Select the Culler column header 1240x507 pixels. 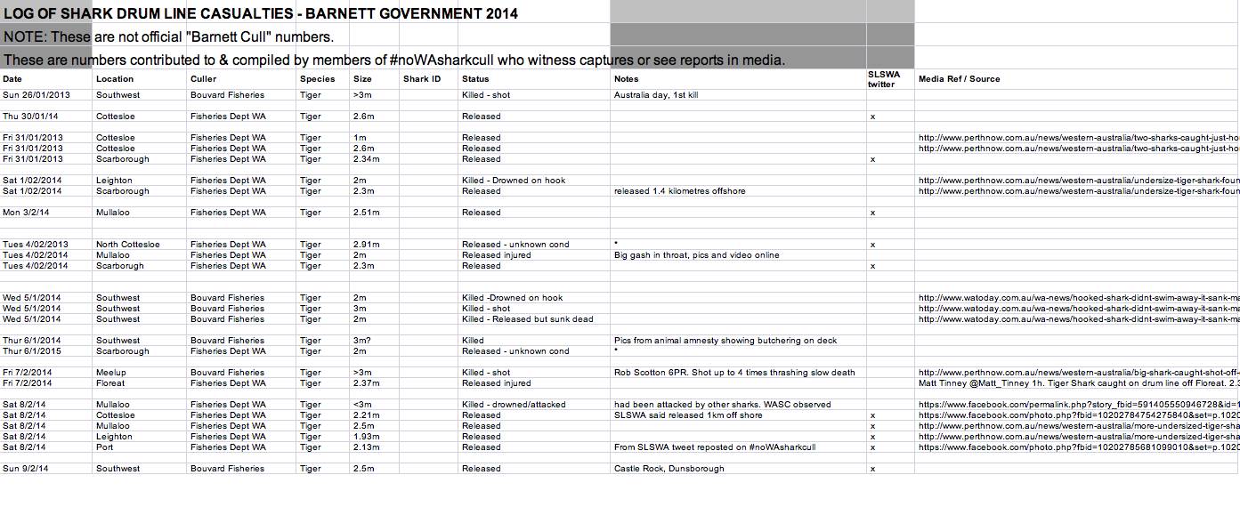pyautogui.click(x=203, y=79)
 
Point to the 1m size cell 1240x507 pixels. pyautogui.click(x=360, y=138)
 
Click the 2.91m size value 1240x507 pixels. pyautogui.click(x=366, y=245)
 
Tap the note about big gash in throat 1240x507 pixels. pyautogui.click(x=696, y=255)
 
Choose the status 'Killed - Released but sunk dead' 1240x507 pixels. pyautogui.click(x=527, y=319)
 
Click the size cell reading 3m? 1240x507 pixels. pyautogui.click(x=363, y=341)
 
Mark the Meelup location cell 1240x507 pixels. pyautogui.click(x=111, y=373)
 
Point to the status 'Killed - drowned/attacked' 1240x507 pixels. pyautogui.click(x=514, y=405)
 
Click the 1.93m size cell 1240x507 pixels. pyautogui.click(x=366, y=437)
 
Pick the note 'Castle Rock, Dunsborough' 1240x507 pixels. pyautogui.click(x=669, y=469)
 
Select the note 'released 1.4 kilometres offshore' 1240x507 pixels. pyautogui.click(x=679, y=191)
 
